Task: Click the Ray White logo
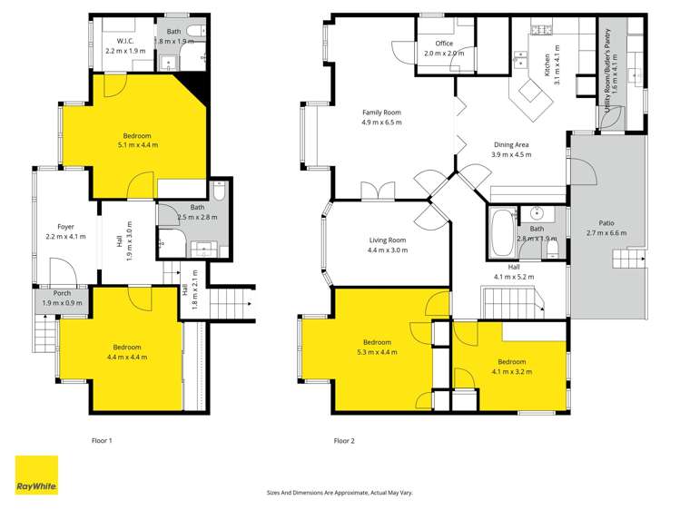tap(36, 475)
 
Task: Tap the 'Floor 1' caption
tap(102, 441)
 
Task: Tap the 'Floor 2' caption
tap(343, 441)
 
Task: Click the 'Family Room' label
tap(381, 113)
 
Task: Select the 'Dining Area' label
tap(511, 144)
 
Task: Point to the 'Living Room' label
tap(387, 240)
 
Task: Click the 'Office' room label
tap(444, 43)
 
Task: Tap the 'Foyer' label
tap(65, 226)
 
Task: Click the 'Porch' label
tap(62, 293)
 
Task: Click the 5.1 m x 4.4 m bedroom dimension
tap(138, 145)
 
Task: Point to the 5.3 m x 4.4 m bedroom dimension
tap(376, 351)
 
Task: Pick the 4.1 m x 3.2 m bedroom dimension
tap(511, 371)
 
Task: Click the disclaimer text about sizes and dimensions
tap(340, 493)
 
